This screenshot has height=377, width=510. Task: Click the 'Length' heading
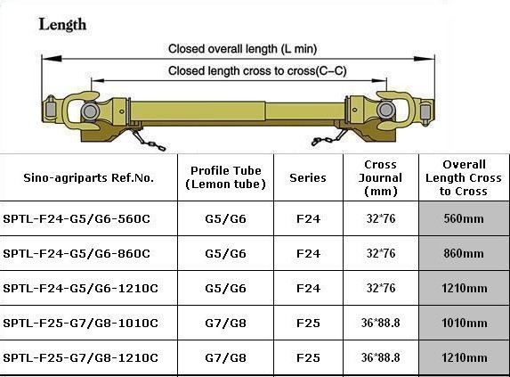(62, 25)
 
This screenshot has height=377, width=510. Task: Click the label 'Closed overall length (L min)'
(242, 49)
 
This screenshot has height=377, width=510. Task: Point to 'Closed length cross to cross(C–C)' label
(257, 70)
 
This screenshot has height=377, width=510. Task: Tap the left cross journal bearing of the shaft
(89, 111)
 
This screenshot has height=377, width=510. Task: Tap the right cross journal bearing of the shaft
(386, 110)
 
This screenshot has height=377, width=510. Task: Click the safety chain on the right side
(328, 138)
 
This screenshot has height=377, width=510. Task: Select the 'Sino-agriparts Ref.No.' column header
(88, 177)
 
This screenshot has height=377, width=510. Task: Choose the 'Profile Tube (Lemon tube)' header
(226, 177)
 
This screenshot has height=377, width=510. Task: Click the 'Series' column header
(308, 177)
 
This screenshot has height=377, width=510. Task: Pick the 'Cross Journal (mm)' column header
(380, 177)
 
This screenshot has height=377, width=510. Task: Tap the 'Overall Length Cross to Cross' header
(464, 177)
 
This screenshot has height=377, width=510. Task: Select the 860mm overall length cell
(464, 253)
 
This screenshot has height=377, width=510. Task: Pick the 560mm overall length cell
(464, 218)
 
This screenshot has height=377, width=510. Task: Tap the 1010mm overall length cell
(464, 323)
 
